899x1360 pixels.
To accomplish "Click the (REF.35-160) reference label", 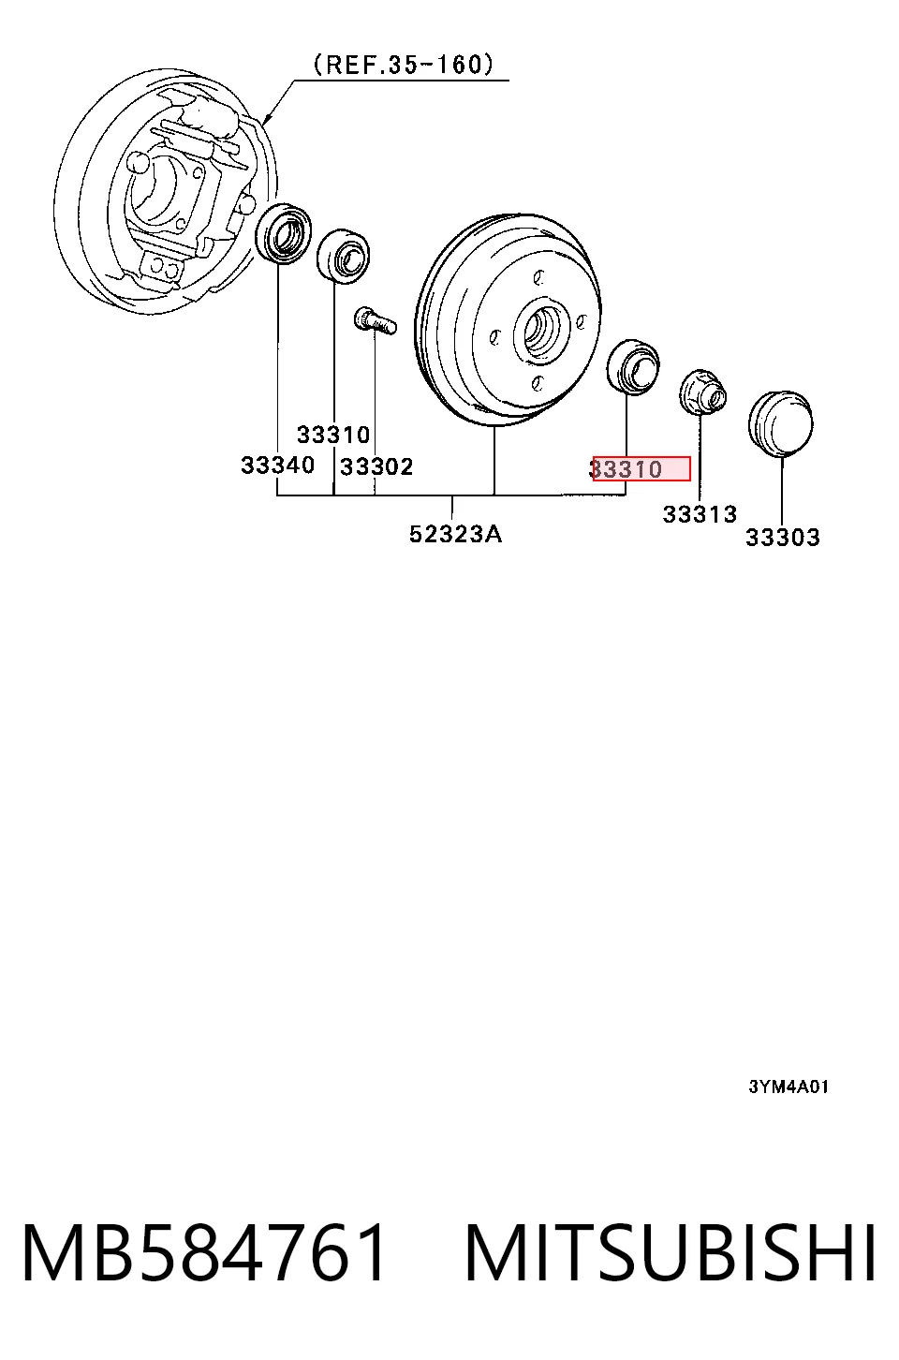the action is point(404,65).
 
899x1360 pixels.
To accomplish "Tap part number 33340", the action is point(278,466).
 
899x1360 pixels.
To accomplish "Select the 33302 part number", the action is point(377,466).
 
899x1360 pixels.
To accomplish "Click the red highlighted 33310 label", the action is point(641,468).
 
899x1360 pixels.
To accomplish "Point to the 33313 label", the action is point(700,514).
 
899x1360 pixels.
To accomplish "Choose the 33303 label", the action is point(783,538).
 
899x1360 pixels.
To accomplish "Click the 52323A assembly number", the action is point(456,534).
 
